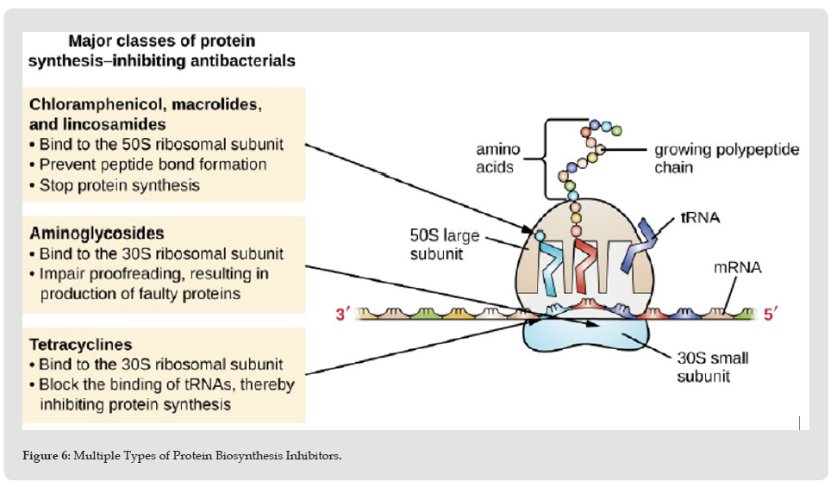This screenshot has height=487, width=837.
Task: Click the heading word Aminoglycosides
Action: point(97,234)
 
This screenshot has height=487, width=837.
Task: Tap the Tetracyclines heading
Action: point(81,345)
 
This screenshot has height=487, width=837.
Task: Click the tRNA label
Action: point(700,217)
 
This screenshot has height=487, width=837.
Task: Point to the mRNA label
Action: point(737,267)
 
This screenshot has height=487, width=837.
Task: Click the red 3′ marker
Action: point(342,314)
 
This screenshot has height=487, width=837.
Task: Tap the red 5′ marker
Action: point(771,314)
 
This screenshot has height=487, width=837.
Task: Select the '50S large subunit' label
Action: point(444,245)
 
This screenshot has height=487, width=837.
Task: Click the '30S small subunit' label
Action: point(713,367)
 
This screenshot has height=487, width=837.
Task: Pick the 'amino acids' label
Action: point(497,158)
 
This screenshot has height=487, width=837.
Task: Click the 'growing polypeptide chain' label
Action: point(727,158)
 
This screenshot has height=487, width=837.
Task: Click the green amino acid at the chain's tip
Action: point(616,130)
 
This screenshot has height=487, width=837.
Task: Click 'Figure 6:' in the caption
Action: point(46,455)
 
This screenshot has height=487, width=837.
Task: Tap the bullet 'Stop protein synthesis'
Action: point(115,185)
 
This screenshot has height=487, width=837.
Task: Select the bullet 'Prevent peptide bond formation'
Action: point(148,165)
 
